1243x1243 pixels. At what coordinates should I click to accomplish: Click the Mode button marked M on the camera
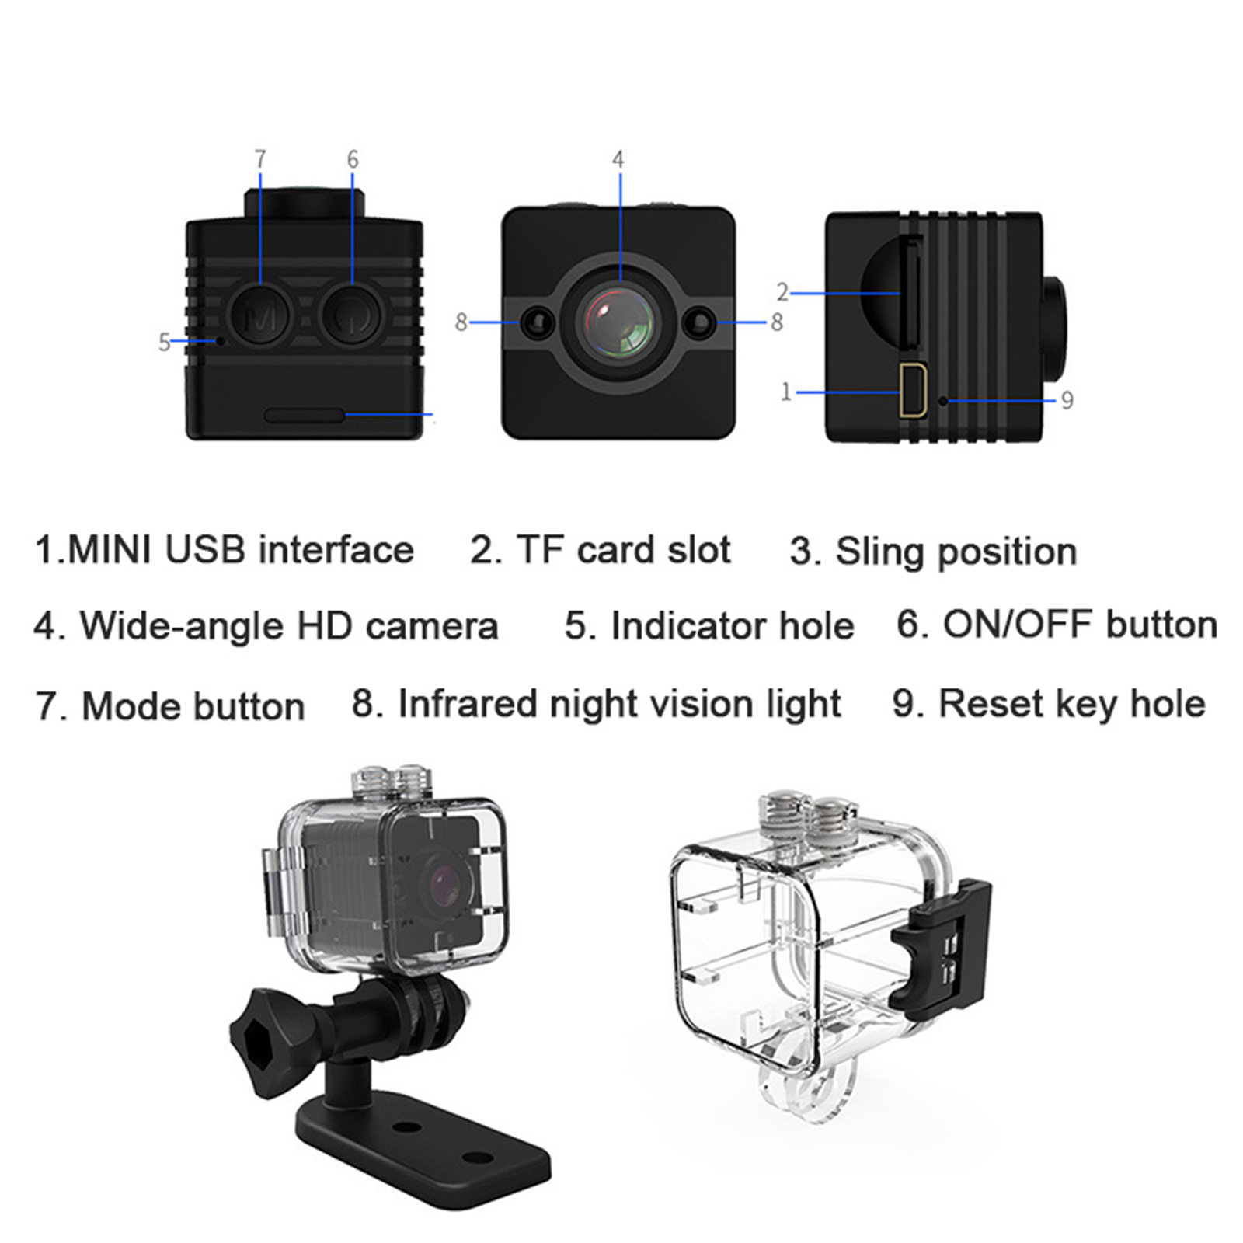coord(259,316)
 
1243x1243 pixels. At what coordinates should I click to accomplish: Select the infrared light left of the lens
coord(535,322)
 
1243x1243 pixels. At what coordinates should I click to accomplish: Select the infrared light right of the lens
coord(700,322)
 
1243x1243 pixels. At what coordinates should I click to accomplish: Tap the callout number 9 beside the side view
coord(1067,401)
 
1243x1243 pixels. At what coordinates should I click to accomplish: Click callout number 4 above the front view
coord(618,159)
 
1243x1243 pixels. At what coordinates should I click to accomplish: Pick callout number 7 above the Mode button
coord(260,159)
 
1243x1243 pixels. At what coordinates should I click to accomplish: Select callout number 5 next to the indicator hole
coord(164,342)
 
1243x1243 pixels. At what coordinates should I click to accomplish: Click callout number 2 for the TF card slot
coord(782,292)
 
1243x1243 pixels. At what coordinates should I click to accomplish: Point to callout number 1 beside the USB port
coord(785,392)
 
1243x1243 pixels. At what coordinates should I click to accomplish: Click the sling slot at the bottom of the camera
coord(305,415)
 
